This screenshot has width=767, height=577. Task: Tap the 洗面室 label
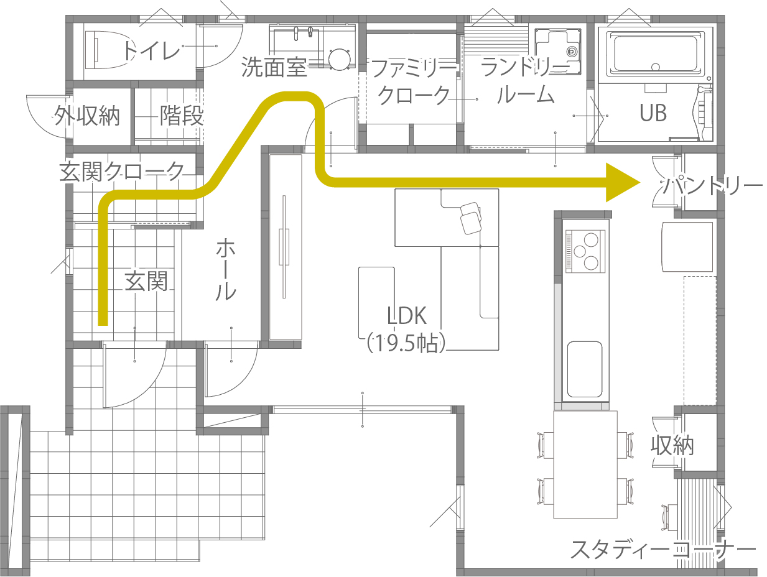coord(274,67)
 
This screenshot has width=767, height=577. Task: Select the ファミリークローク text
coord(414,81)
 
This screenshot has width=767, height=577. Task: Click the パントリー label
coord(712,186)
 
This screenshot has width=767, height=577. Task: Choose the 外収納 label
coord(87,116)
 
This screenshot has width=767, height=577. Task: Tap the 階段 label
coord(182,115)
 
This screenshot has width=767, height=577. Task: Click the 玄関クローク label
coord(122,171)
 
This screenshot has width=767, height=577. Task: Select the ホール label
coord(226,269)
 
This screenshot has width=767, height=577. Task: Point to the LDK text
coord(407,316)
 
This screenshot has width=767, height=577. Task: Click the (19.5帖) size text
coord(406,343)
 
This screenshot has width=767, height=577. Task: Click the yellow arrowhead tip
coord(640,182)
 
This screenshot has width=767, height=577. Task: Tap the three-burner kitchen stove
coord(585,251)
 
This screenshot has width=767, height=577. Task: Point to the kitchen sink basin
coord(584,369)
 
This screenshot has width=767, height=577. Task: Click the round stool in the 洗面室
coord(339,60)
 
